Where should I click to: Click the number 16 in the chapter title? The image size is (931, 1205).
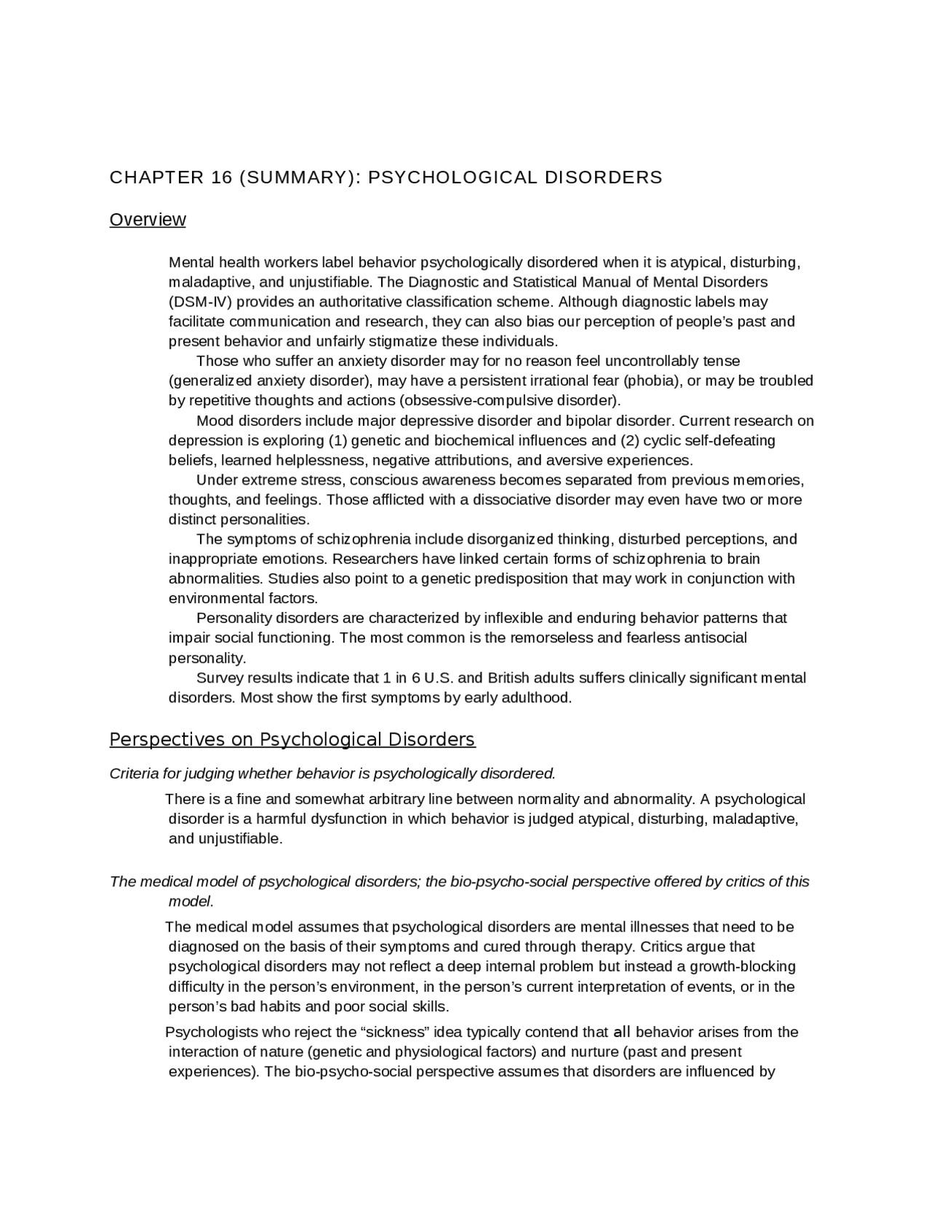pyautogui.click(x=217, y=178)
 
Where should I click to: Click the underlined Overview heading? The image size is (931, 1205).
pyautogui.click(x=148, y=220)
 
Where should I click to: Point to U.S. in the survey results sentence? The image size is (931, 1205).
pyautogui.click(x=439, y=678)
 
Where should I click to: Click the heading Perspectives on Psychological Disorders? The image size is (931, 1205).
pyautogui.click(x=292, y=740)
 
